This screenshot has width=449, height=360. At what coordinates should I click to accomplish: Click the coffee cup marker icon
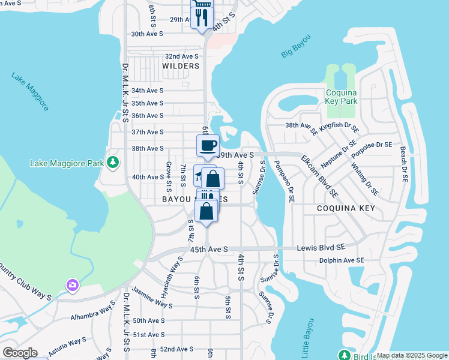click(x=208, y=145)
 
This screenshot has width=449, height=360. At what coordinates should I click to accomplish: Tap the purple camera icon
click(x=73, y=284)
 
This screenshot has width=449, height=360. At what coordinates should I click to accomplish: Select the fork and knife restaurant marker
click(x=202, y=17)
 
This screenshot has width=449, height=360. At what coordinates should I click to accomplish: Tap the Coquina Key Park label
click(x=342, y=97)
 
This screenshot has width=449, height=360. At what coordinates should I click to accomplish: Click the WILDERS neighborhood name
click(x=180, y=65)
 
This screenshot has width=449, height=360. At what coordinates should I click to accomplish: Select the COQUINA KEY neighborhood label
click(x=346, y=208)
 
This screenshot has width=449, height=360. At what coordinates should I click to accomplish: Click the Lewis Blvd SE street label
click(x=321, y=247)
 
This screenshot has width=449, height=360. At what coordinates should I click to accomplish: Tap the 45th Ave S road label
click(x=209, y=249)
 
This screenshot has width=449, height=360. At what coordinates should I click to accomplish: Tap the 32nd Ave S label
click(x=182, y=55)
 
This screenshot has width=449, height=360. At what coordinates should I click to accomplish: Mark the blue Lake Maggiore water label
click(x=29, y=91)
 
